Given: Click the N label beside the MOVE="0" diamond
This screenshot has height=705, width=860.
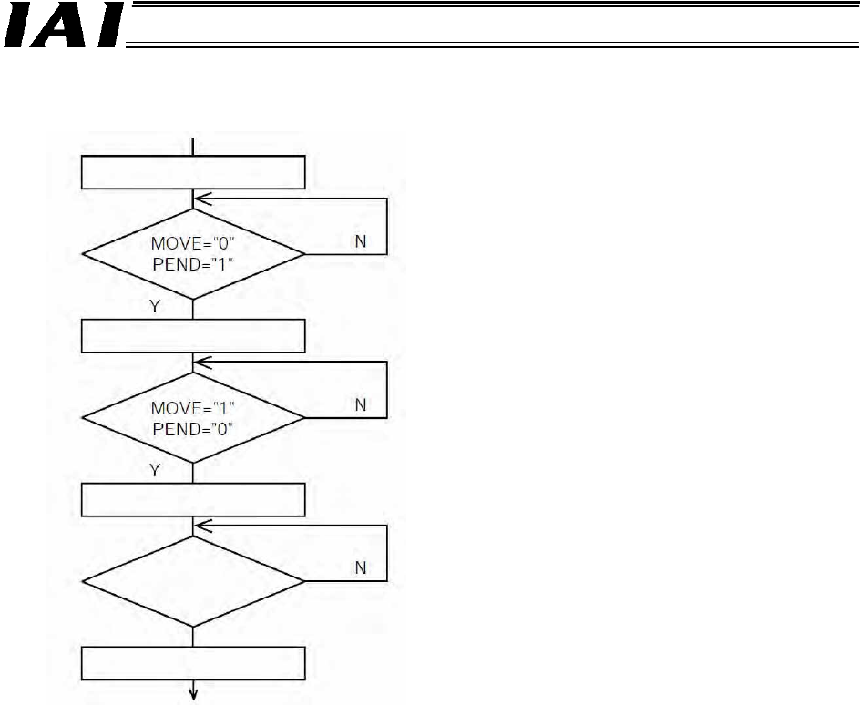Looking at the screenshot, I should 361,243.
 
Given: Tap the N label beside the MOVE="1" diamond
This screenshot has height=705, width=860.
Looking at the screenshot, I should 361,405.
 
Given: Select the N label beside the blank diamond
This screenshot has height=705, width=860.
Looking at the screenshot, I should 361,568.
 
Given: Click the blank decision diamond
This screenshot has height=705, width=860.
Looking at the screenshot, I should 193,581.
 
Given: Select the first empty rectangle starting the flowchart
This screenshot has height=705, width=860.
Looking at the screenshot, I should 193,171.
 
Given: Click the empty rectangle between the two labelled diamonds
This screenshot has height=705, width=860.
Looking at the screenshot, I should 193,335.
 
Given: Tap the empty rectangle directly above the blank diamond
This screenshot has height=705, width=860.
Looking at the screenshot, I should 193,500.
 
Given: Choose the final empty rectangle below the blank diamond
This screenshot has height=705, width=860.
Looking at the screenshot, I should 193,663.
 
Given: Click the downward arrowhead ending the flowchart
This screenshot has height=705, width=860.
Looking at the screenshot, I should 193,697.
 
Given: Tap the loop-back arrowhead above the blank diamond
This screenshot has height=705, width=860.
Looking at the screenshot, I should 203,526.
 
